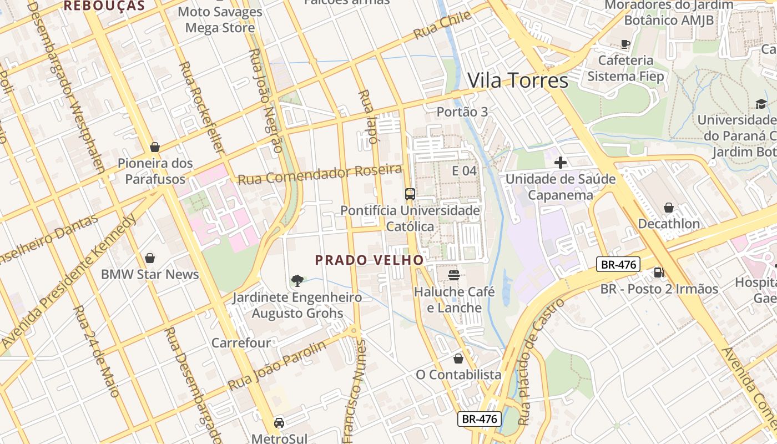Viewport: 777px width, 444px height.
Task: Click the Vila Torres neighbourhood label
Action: (518, 81)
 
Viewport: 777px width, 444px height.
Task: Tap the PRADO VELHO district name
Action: (369, 260)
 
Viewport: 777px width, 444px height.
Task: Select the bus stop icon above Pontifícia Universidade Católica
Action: (410, 194)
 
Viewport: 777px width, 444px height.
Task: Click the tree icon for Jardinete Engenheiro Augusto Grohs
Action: (297, 280)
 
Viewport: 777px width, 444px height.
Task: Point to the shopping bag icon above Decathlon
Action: (669, 208)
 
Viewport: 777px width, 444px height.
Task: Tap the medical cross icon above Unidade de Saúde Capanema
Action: (561, 163)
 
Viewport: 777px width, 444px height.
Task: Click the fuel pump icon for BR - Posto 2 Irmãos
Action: (659, 272)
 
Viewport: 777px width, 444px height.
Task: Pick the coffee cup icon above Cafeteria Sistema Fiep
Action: (625, 44)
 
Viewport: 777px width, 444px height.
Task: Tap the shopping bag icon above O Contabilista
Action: (458, 359)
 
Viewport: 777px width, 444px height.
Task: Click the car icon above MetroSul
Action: (279, 423)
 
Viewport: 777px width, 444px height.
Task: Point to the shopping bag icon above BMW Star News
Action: (149, 258)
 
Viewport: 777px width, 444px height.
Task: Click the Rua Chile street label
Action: (442, 26)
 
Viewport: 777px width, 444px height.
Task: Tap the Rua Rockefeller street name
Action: (201, 108)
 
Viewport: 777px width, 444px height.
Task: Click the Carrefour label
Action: (241, 343)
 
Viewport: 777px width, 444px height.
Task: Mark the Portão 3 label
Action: (462, 112)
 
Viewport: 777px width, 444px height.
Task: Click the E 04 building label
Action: (464, 170)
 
